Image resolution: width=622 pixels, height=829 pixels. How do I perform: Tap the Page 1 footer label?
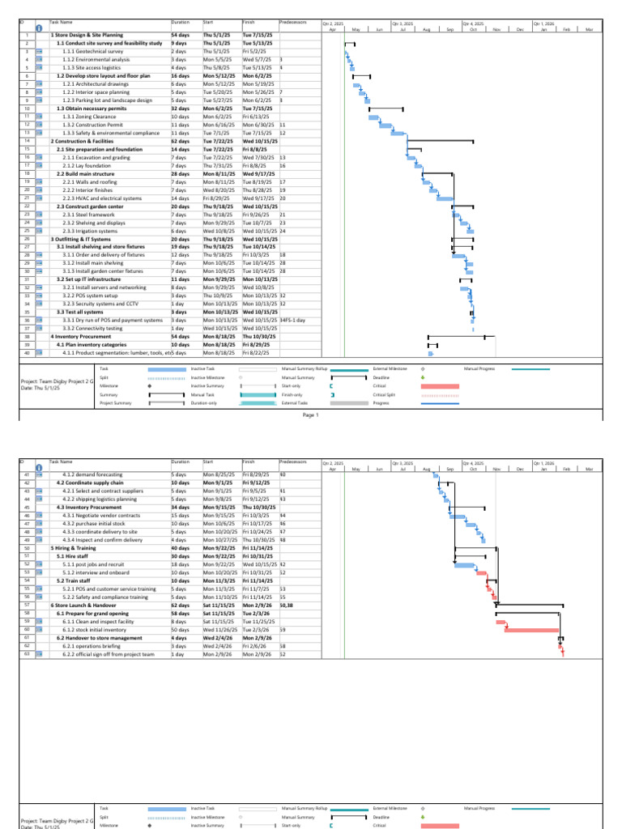pos(311,415)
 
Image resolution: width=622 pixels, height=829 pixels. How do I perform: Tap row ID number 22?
pos(27,206)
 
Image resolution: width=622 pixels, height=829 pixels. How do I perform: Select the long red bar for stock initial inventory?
pos(531,629)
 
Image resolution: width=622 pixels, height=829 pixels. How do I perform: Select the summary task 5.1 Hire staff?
pos(74,556)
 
